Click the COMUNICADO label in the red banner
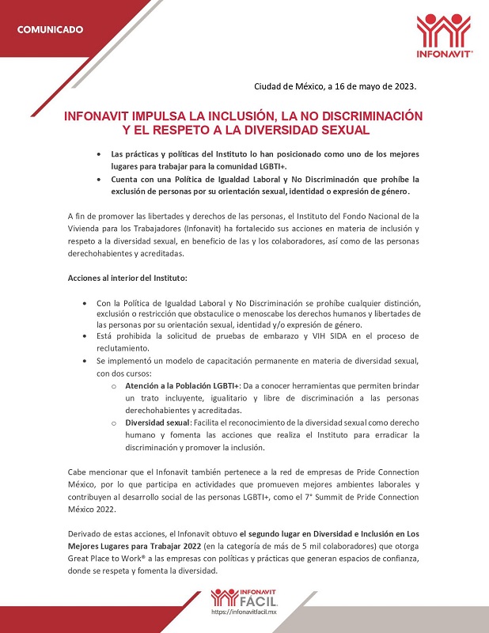click(51, 30)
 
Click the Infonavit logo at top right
click(444, 35)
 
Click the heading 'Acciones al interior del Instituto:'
click(127, 279)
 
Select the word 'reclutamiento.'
click(129, 347)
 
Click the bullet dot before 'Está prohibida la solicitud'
click(85, 336)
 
